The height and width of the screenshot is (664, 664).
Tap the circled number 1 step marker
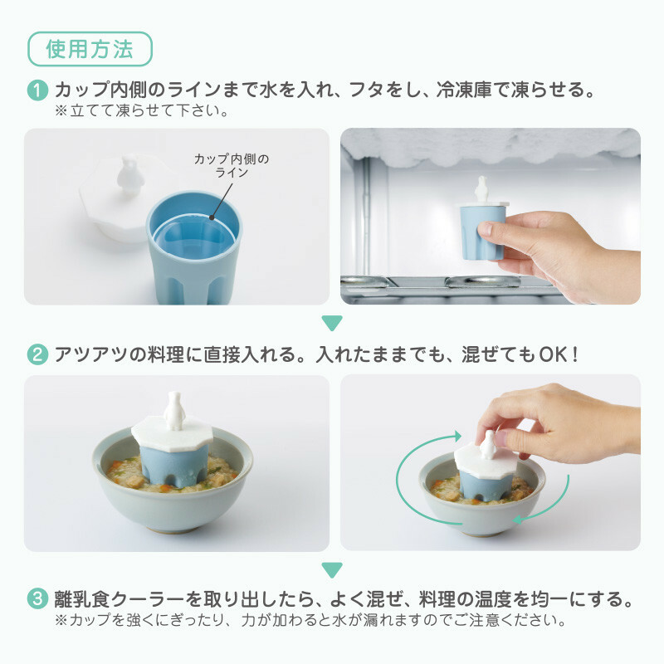click(38, 90)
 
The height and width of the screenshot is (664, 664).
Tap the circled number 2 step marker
click(38, 354)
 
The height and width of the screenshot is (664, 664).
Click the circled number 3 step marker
click(38, 598)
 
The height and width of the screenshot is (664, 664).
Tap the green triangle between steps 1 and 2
click(332, 322)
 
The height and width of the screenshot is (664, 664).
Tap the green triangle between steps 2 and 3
click(332, 570)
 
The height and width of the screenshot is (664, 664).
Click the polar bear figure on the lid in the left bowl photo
click(175, 406)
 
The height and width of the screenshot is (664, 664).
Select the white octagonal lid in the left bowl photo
click(175, 432)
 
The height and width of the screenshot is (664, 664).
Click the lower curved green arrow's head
click(515, 520)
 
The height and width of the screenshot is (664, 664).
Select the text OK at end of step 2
click(552, 354)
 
